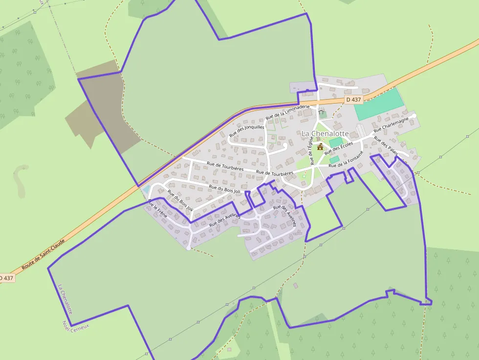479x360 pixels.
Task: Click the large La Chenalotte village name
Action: pyautogui.click(x=325, y=133)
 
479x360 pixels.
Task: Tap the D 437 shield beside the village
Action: pyautogui.click(x=353, y=100)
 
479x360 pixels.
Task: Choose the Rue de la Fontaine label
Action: pyautogui.click(x=346, y=161)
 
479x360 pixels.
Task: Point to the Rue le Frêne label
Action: pyautogui.click(x=157, y=208)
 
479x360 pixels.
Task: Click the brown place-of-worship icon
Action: pyautogui.click(x=320, y=147)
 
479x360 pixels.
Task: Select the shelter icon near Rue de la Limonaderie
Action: pyautogui.click(x=321, y=113)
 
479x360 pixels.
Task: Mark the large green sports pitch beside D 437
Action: pyautogui.click(x=379, y=105)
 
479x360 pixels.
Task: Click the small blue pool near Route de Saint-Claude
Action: pyautogui.click(x=146, y=189)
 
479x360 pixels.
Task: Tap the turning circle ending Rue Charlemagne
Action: pyautogui.click(x=413, y=116)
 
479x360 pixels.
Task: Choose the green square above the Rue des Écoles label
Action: pyautogui.click(x=336, y=142)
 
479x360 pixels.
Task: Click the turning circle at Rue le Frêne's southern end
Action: pyautogui.click(x=188, y=248)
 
